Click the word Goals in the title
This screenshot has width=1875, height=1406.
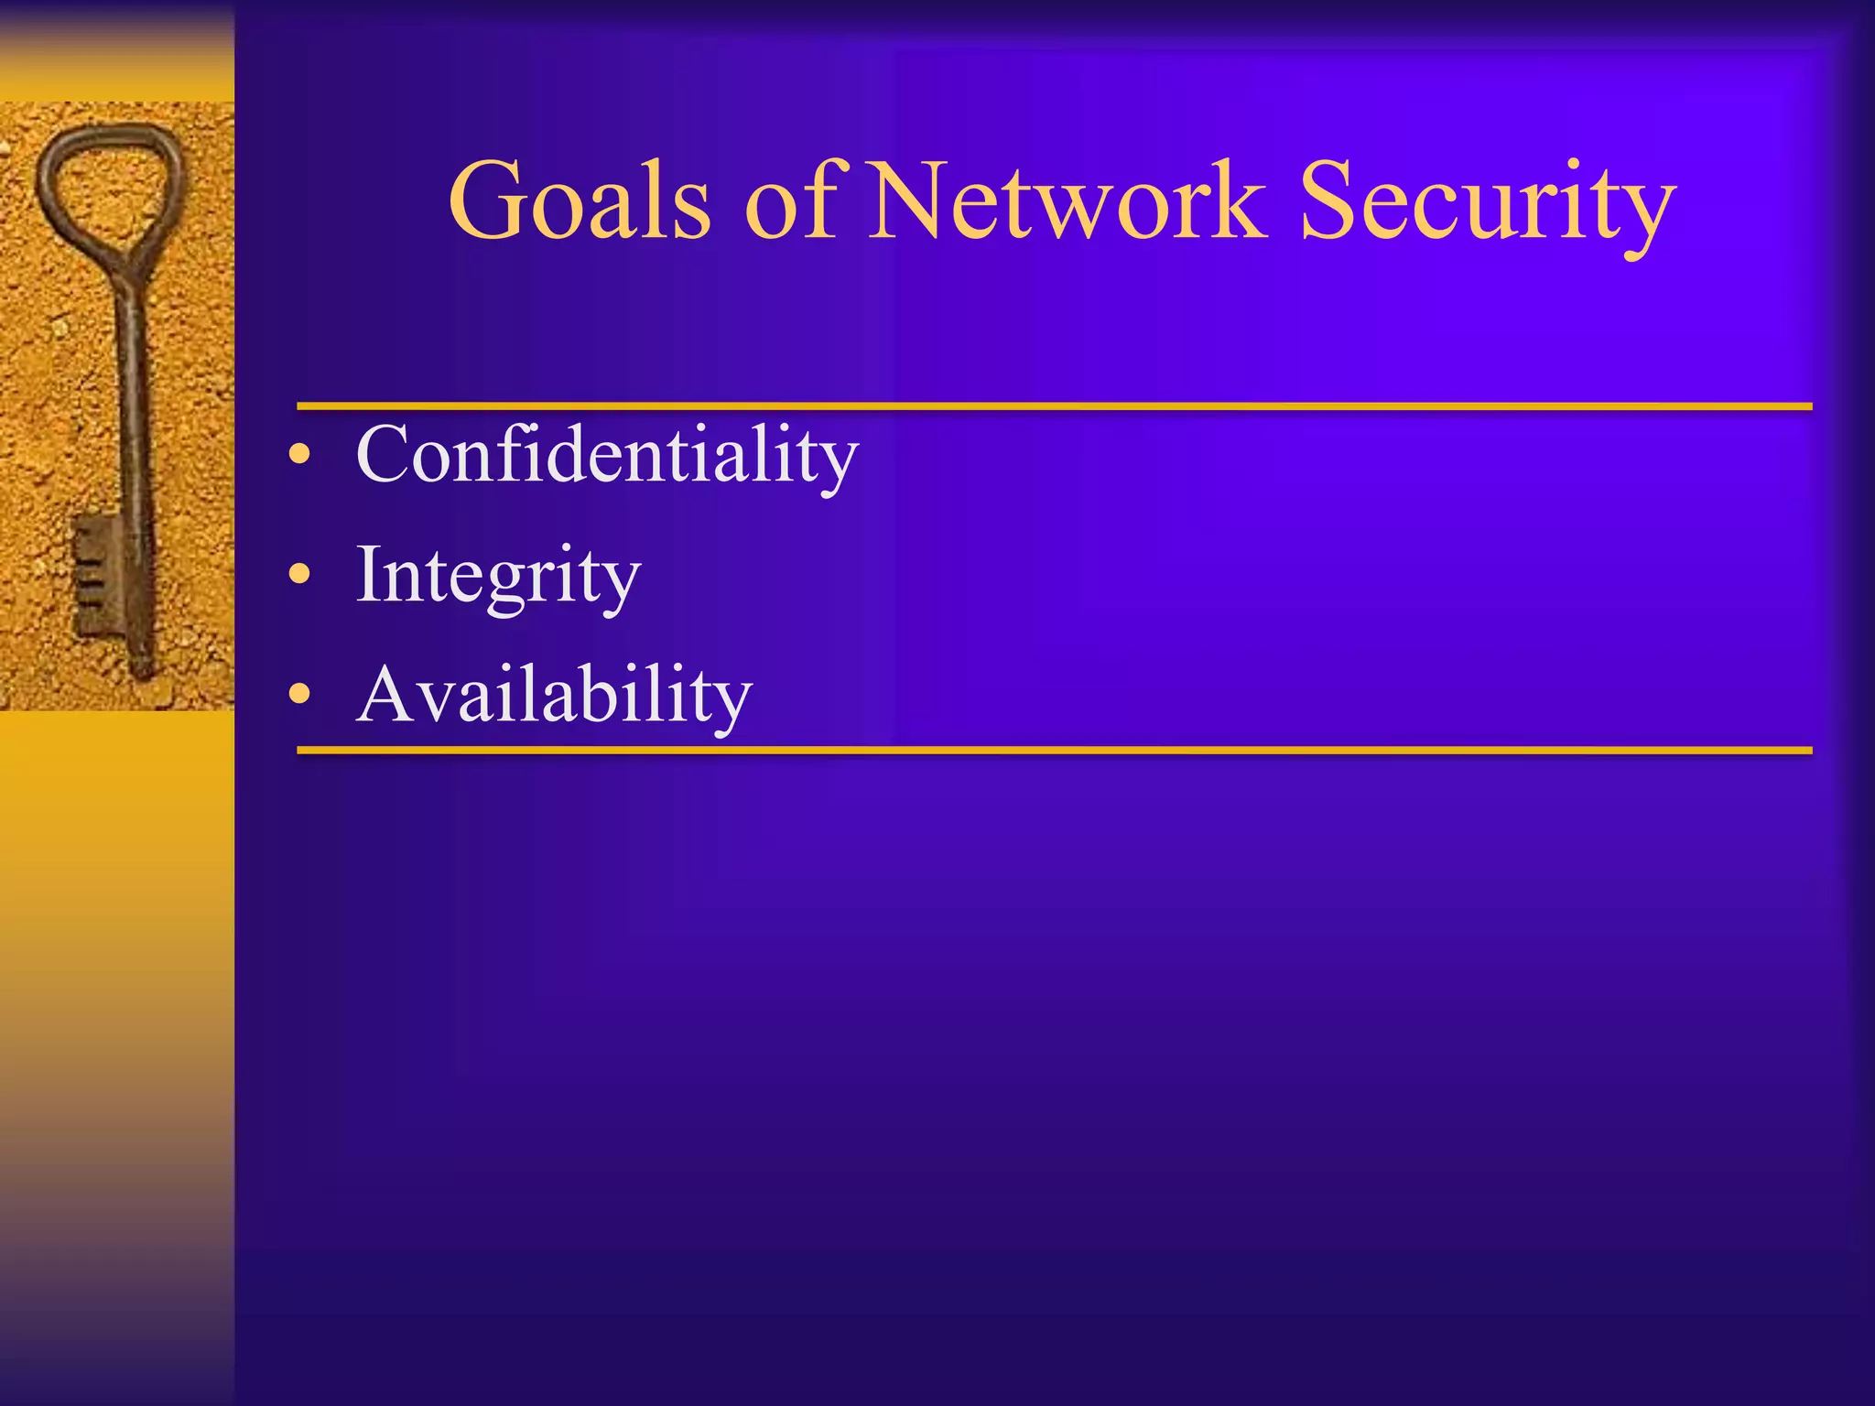(x=579, y=201)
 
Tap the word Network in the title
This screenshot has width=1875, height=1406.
(x=1067, y=201)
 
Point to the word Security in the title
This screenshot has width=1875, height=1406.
(x=1487, y=206)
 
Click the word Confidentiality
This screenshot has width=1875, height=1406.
(x=606, y=455)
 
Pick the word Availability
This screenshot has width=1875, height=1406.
(x=553, y=695)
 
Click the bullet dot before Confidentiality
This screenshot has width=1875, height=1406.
(x=299, y=455)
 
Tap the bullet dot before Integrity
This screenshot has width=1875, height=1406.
(x=299, y=575)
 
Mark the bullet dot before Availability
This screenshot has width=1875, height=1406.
(x=299, y=695)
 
